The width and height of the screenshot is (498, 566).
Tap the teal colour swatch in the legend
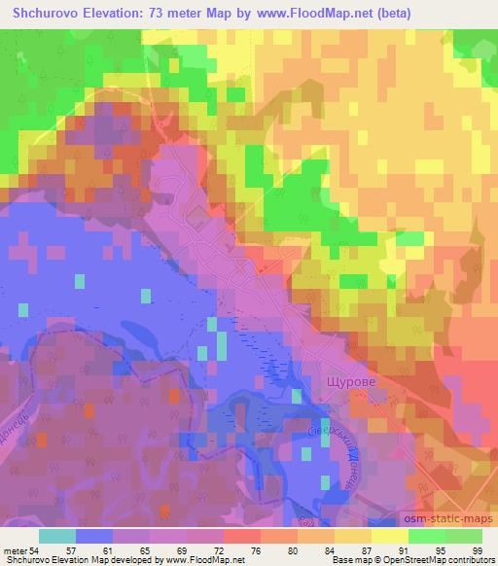point(57,537)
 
